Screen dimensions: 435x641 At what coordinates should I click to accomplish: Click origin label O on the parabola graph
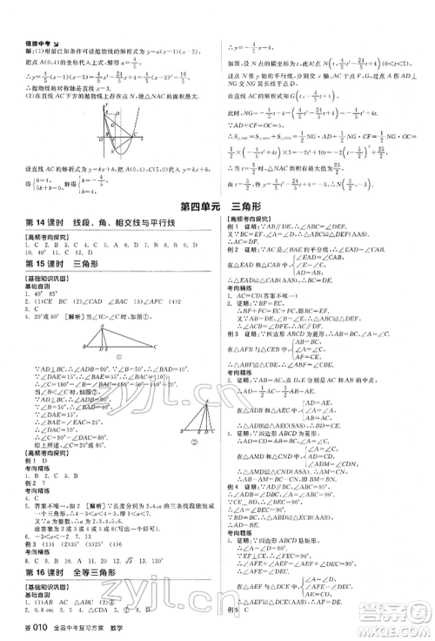pos(101,138)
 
